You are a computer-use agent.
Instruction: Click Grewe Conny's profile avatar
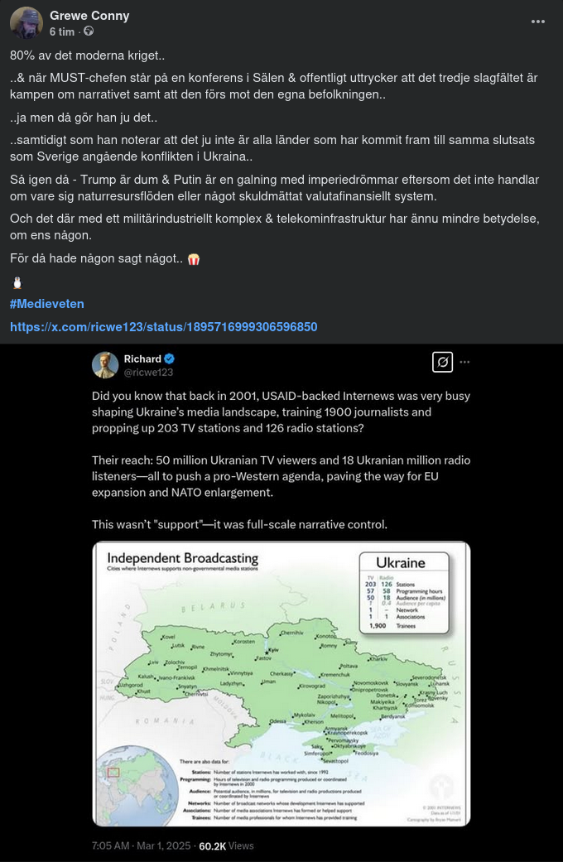tap(26, 22)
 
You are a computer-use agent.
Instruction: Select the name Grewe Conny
tap(89, 16)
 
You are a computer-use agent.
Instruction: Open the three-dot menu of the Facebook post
tap(538, 22)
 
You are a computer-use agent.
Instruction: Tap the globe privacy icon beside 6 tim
tap(89, 31)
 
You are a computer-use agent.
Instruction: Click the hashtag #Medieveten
tap(47, 304)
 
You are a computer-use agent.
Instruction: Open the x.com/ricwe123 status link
tap(163, 327)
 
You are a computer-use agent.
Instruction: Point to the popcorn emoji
tap(195, 259)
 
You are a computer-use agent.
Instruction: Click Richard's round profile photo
tap(105, 365)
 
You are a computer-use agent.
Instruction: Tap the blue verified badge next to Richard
tap(170, 359)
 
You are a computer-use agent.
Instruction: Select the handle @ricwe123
tap(149, 372)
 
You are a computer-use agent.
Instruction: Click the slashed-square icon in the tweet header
tap(442, 362)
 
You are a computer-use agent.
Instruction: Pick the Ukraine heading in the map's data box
tap(401, 563)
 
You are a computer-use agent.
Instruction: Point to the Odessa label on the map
tap(277, 722)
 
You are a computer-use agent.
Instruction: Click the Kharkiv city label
tap(378, 659)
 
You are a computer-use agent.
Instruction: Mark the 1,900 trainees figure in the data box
tap(378, 626)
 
